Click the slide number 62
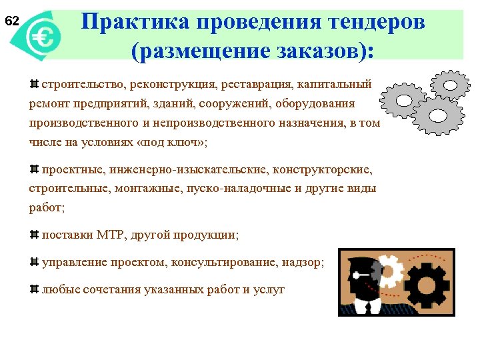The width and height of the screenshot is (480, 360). coord(12,21)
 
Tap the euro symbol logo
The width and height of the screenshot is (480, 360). coord(44,37)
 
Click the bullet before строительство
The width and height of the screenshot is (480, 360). coord(34,85)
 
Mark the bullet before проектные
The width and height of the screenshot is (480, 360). coord(34,170)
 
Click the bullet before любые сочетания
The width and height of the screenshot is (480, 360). coord(34,289)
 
